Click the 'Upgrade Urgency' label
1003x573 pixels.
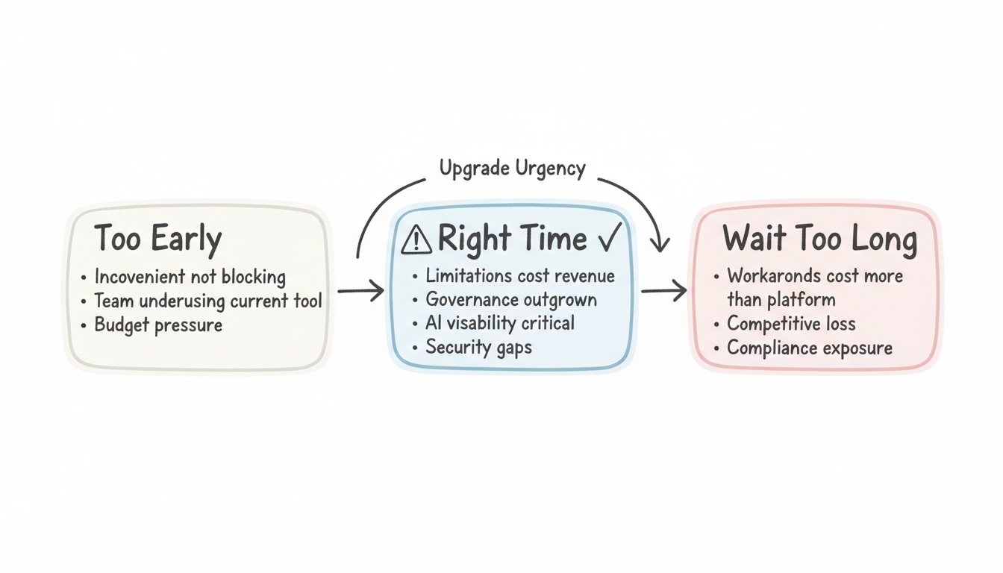pos(512,169)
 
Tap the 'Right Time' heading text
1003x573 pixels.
pos(512,239)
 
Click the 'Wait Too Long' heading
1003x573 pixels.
pos(819,239)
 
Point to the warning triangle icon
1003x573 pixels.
pos(416,240)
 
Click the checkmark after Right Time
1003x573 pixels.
pos(609,239)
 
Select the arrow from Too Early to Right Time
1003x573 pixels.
pos(361,291)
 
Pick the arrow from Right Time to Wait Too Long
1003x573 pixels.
pos(663,291)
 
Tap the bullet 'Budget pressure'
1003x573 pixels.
pos(158,326)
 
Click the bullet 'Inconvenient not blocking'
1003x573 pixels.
pos(190,278)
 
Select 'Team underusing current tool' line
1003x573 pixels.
pos(208,301)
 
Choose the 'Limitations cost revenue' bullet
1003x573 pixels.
pos(520,276)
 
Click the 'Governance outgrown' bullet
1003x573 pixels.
pos(511,300)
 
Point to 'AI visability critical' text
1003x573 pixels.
pos(500,323)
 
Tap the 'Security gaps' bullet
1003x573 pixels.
pos(478,347)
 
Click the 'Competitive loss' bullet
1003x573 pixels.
pos(791,324)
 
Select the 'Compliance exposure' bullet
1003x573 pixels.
pos(810,348)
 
